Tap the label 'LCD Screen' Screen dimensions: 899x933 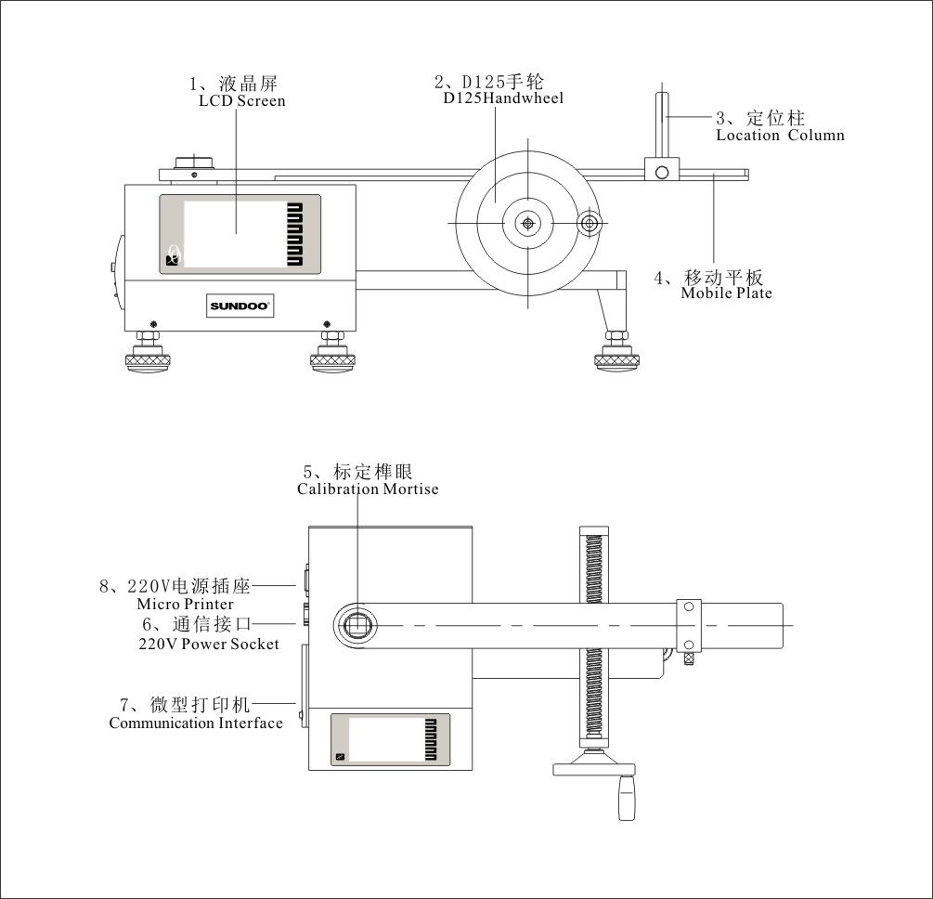241,100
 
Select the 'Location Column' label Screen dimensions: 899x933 780,135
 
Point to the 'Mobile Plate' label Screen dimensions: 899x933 726,293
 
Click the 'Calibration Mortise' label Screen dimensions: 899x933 368,489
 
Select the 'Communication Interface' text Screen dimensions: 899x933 196,723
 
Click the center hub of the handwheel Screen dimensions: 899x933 527,223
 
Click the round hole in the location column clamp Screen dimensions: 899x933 662,172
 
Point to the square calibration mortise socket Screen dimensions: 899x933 356,625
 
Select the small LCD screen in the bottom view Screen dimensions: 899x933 390,739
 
